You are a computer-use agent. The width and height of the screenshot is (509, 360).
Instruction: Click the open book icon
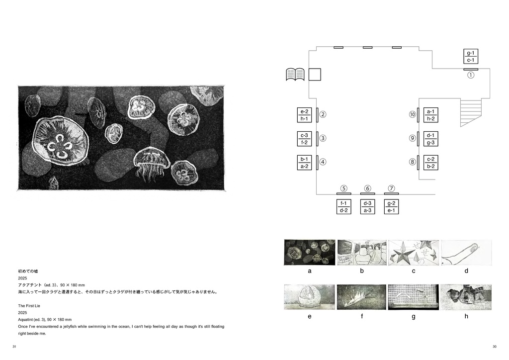[295, 75]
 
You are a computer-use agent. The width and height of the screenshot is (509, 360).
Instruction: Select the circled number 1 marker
[470, 75]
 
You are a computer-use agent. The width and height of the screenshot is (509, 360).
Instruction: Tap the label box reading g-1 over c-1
[470, 57]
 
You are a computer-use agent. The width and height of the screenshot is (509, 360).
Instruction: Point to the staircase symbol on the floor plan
[471, 112]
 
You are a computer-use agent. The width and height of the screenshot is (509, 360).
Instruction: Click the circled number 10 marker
[412, 114]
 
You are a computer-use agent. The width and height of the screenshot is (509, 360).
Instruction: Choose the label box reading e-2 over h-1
[304, 115]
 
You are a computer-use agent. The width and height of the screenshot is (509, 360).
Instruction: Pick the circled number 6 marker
[367, 188]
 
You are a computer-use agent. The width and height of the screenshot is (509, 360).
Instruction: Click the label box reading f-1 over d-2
[343, 207]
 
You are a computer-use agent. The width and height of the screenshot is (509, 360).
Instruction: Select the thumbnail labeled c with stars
[414, 253]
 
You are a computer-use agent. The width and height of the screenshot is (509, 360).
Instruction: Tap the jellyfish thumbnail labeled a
[310, 253]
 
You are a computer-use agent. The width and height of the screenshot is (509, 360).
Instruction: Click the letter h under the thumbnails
[466, 316]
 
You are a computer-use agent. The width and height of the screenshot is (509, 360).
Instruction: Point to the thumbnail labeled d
[466, 253]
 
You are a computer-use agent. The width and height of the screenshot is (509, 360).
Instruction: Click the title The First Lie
[29, 306]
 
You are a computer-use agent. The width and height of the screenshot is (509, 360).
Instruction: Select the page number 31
[14, 347]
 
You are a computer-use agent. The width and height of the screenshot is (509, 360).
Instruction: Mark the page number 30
[495, 347]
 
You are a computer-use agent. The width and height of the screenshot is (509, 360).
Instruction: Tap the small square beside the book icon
[315, 75]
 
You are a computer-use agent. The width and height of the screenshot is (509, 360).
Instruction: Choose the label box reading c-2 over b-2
[430, 163]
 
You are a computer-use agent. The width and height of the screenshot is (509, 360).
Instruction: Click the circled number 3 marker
[322, 138]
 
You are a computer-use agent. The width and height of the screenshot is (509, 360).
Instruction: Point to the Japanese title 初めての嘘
[28, 271]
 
